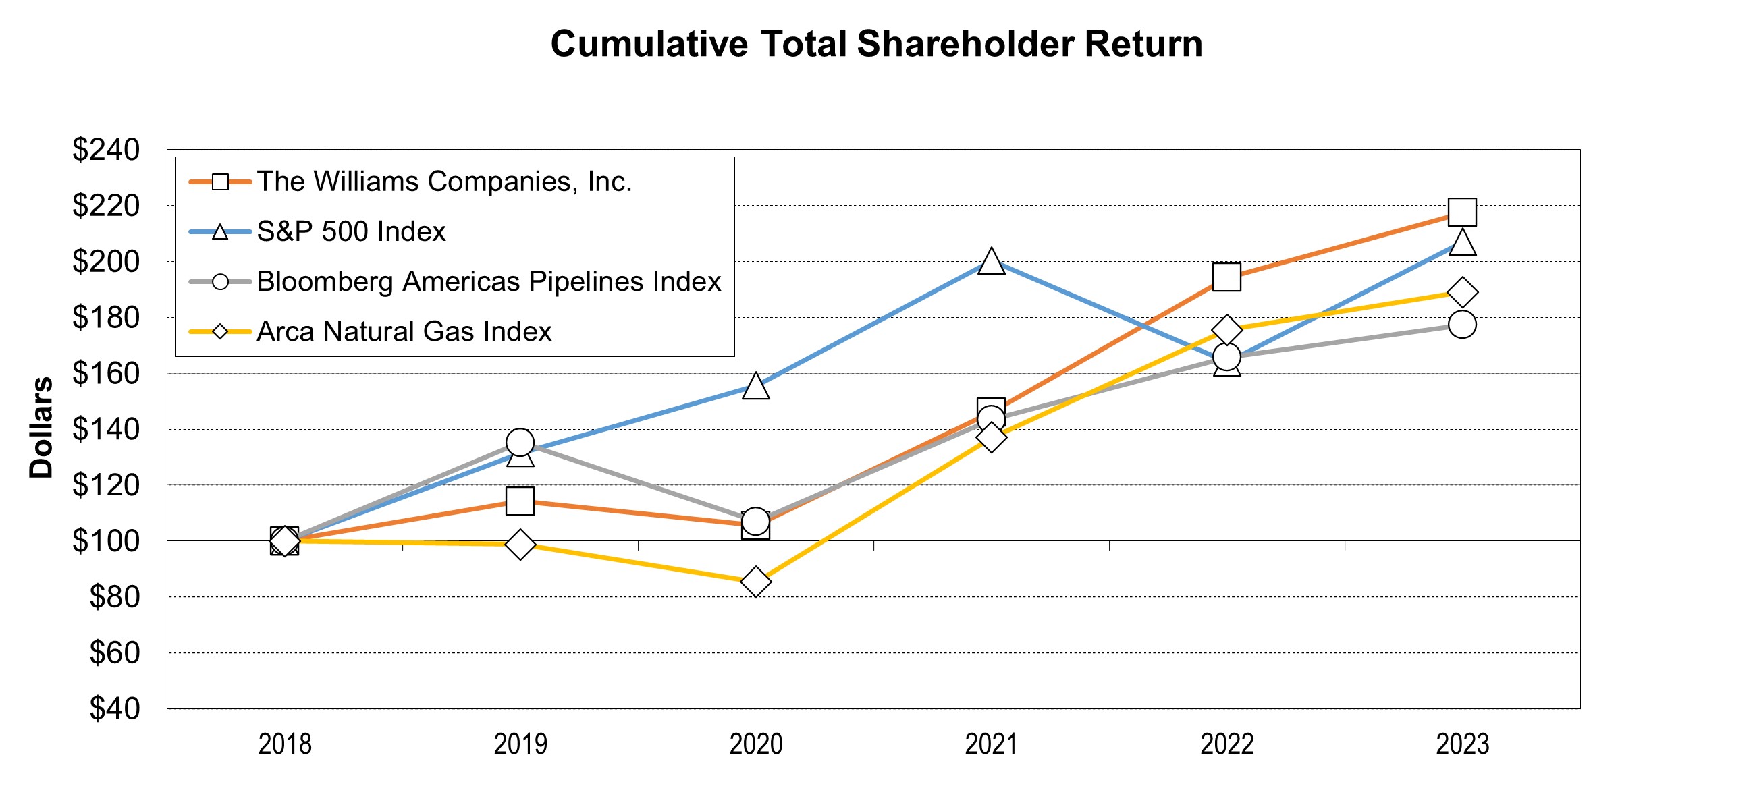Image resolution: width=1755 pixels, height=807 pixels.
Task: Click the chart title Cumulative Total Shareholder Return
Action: [876, 45]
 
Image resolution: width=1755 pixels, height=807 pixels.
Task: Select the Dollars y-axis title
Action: [41, 428]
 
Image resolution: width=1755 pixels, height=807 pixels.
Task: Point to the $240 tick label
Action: [106, 150]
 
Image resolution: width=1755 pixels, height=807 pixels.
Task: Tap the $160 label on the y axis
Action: [106, 373]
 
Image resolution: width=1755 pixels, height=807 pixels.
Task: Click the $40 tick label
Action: [115, 709]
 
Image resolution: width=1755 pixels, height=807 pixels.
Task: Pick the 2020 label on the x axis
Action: [755, 744]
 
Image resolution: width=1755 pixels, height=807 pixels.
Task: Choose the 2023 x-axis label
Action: [1462, 744]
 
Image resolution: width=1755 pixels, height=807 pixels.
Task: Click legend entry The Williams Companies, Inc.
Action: [444, 182]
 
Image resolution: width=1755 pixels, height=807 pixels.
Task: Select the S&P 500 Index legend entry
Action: [351, 231]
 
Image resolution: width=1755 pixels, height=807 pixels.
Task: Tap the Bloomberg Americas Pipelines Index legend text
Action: [489, 281]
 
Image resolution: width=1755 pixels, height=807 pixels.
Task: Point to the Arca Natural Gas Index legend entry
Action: [404, 332]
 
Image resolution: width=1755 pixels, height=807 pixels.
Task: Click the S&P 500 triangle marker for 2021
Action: [991, 262]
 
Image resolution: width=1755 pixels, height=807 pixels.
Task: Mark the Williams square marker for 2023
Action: [1462, 213]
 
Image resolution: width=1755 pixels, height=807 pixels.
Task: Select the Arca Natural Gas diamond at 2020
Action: [755, 582]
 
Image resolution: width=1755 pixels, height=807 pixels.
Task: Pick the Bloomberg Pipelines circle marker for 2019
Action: [520, 443]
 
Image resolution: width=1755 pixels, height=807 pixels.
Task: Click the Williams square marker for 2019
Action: [520, 501]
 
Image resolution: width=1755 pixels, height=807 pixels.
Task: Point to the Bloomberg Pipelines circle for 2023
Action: [1462, 324]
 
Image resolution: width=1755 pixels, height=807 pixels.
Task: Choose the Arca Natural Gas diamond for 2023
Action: [1462, 293]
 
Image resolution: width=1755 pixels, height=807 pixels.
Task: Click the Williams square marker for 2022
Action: [1226, 277]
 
